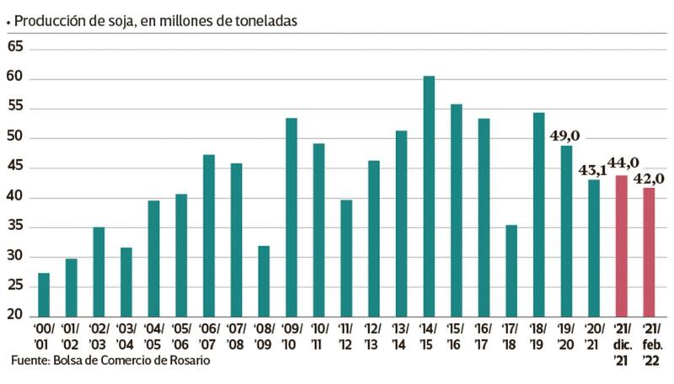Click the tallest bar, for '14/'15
[x=429, y=196]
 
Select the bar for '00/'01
[x=44, y=295]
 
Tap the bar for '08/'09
[x=264, y=281]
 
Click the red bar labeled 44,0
[x=622, y=246]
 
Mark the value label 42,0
[x=649, y=178]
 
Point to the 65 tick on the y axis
[x=14, y=50]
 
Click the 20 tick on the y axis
[x=14, y=316]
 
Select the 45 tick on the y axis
[x=14, y=168]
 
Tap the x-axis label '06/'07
[x=209, y=337]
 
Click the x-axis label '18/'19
[x=538, y=337]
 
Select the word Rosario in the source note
[x=185, y=360]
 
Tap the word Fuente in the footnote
[x=30, y=360]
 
